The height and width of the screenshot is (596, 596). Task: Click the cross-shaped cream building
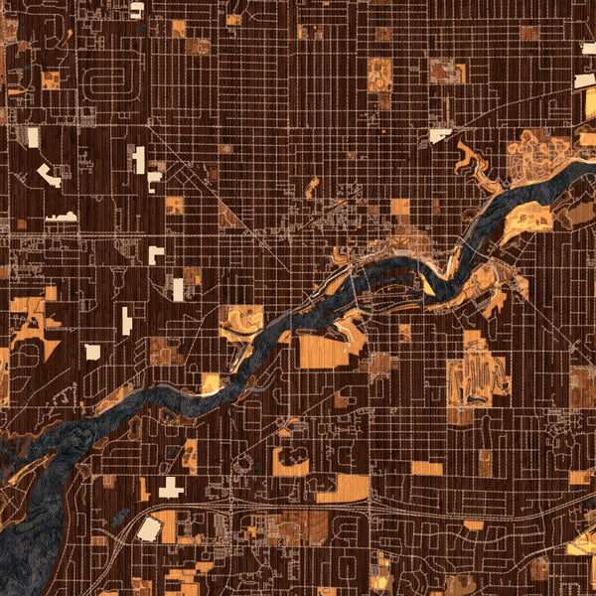click(171, 488)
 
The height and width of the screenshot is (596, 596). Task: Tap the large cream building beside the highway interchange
click(150, 528)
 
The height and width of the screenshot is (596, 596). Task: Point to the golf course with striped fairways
click(477, 377)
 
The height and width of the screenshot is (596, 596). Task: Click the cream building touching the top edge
click(136, 8)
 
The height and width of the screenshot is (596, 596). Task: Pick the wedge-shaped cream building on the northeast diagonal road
click(440, 134)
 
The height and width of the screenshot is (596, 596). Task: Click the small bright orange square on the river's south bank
click(212, 382)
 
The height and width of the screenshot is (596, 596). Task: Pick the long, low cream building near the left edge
click(62, 217)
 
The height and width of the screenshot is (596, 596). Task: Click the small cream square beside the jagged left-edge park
click(92, 352)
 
